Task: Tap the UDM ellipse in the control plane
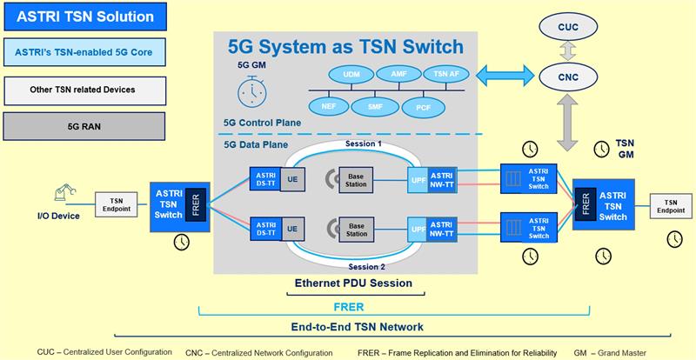coord(351,76)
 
